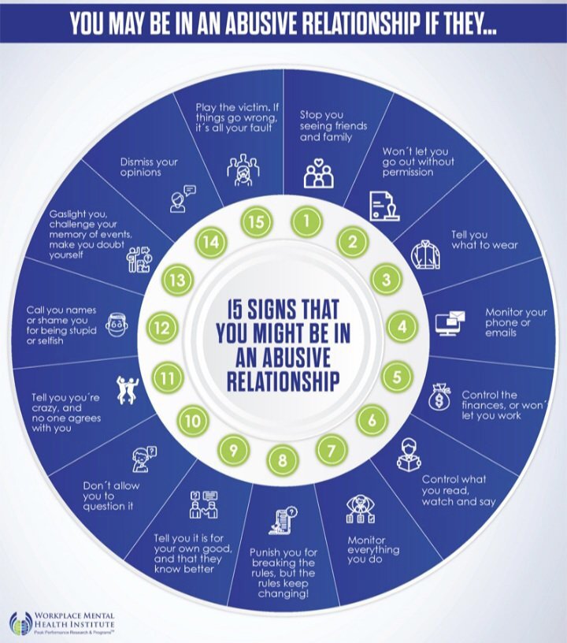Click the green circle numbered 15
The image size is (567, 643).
tap(257, 221)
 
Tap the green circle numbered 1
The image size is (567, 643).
tap(307, 221)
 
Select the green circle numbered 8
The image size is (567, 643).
tap(283, 460)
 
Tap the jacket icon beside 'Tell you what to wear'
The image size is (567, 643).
tap(426, 255)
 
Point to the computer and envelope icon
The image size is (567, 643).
tap(450, 323)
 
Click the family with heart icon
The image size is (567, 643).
tap(319, 173)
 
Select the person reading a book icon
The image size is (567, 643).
tap(409, 455)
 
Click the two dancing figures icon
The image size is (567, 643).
tap(127, 389)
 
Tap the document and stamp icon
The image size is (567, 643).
tap(384, 206)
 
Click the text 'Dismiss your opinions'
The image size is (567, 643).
tap(149, 167)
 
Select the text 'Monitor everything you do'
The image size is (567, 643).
tap(373, 549)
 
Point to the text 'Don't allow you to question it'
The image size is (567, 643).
tap(111, 496)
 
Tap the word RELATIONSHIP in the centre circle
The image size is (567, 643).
tap(283, 381)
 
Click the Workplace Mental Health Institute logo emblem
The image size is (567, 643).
tap(20, 624)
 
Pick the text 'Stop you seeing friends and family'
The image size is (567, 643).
tap(333, 126)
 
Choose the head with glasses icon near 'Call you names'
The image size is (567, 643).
tap(117, 325)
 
